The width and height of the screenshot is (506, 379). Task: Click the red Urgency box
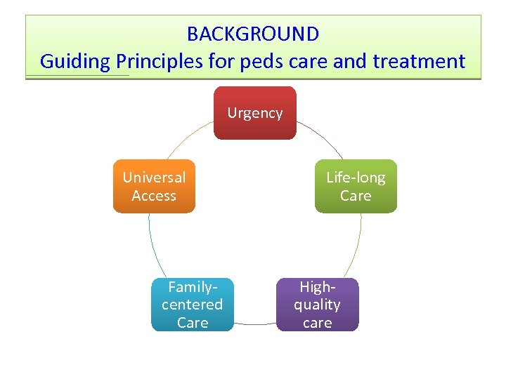click(255, 113)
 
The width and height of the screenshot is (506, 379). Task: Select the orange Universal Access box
click(154, 187)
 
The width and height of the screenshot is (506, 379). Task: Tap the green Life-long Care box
click(356, 187)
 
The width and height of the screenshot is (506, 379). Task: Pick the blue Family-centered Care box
click(193, 305)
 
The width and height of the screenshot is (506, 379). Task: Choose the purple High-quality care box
click(317, 305)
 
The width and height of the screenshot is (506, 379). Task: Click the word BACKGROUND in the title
click(253, 34)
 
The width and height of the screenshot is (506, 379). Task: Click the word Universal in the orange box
click(154, 178)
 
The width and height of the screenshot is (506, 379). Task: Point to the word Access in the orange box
click(154, 196)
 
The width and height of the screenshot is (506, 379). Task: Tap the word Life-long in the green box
click(356, 178)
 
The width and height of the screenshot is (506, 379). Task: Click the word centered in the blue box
click(193, 305)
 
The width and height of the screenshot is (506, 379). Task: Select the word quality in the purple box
click(317, 305)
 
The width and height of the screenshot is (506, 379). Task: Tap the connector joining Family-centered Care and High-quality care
click(255, 324)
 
